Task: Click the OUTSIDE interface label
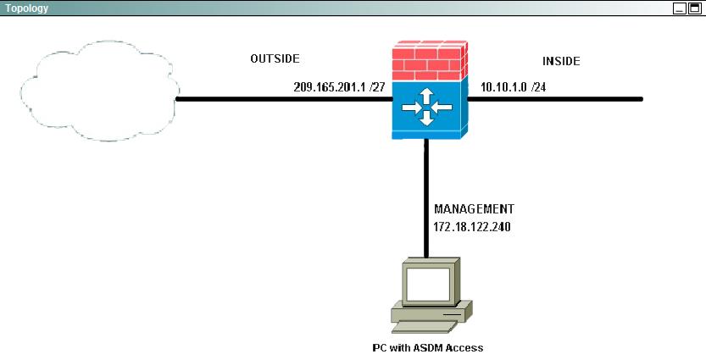275,58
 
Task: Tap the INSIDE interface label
561,61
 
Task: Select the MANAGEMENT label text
474,208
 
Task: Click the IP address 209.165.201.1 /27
339,87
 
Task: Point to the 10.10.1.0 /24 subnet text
514,87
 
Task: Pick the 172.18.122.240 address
472,227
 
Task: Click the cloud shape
100,91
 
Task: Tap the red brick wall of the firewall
430,61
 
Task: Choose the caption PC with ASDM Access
428,347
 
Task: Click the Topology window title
26,8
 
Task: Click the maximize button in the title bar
694,8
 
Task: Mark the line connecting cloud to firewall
284,99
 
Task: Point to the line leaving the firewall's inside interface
554,99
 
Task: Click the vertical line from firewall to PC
425,198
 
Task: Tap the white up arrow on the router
427,96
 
